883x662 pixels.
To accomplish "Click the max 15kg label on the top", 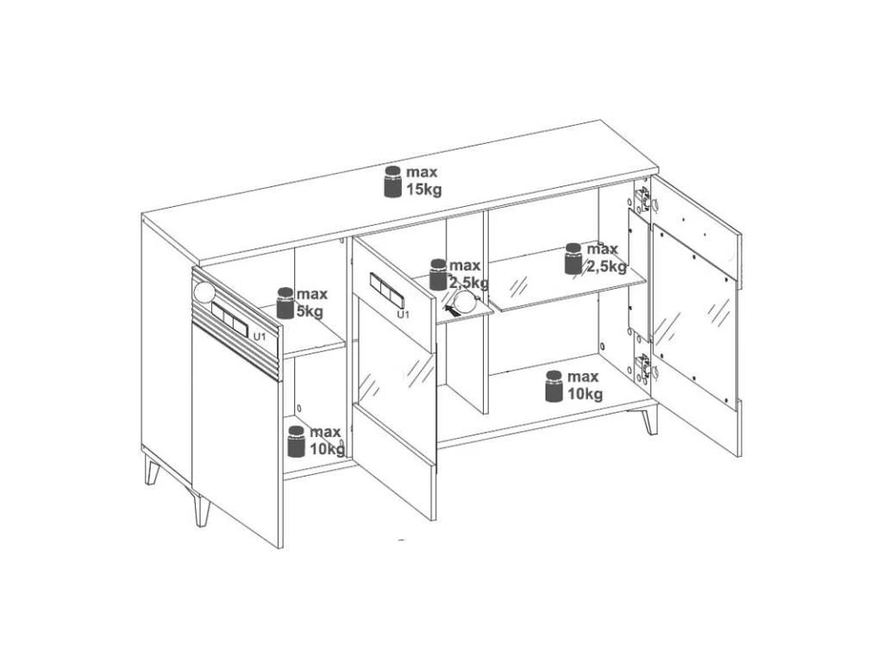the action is pyautogui.click(x=423, y=181).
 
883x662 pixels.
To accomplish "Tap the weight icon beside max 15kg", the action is pyautogui.click(x=392, y=182).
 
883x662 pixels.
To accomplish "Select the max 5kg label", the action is pyautogui.click(x=311, y=303).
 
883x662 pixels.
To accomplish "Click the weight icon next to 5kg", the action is pyautogui.click(x=285, y=303).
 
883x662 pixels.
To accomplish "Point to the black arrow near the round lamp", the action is pyautogui.click(x=451, y=309).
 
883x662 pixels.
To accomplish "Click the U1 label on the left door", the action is pyautogui.click(x=259, y=337).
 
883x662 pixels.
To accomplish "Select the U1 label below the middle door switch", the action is pyautogui.click(x=403, y=314).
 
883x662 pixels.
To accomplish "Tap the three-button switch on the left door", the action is pyautogui.click(x=229, y=319).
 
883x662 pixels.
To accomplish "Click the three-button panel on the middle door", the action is pyautogui.click(x=387, y=290).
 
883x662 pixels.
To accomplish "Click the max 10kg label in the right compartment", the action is pyautogui.click(x=584, y=385).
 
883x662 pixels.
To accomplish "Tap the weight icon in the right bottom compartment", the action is pyautogui.click(x=554, y=386).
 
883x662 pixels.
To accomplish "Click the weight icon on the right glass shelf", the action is pyautogui.click(x=573, y=259).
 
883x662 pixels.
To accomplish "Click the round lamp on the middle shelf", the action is pyautogui.click(x=467, y=303).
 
